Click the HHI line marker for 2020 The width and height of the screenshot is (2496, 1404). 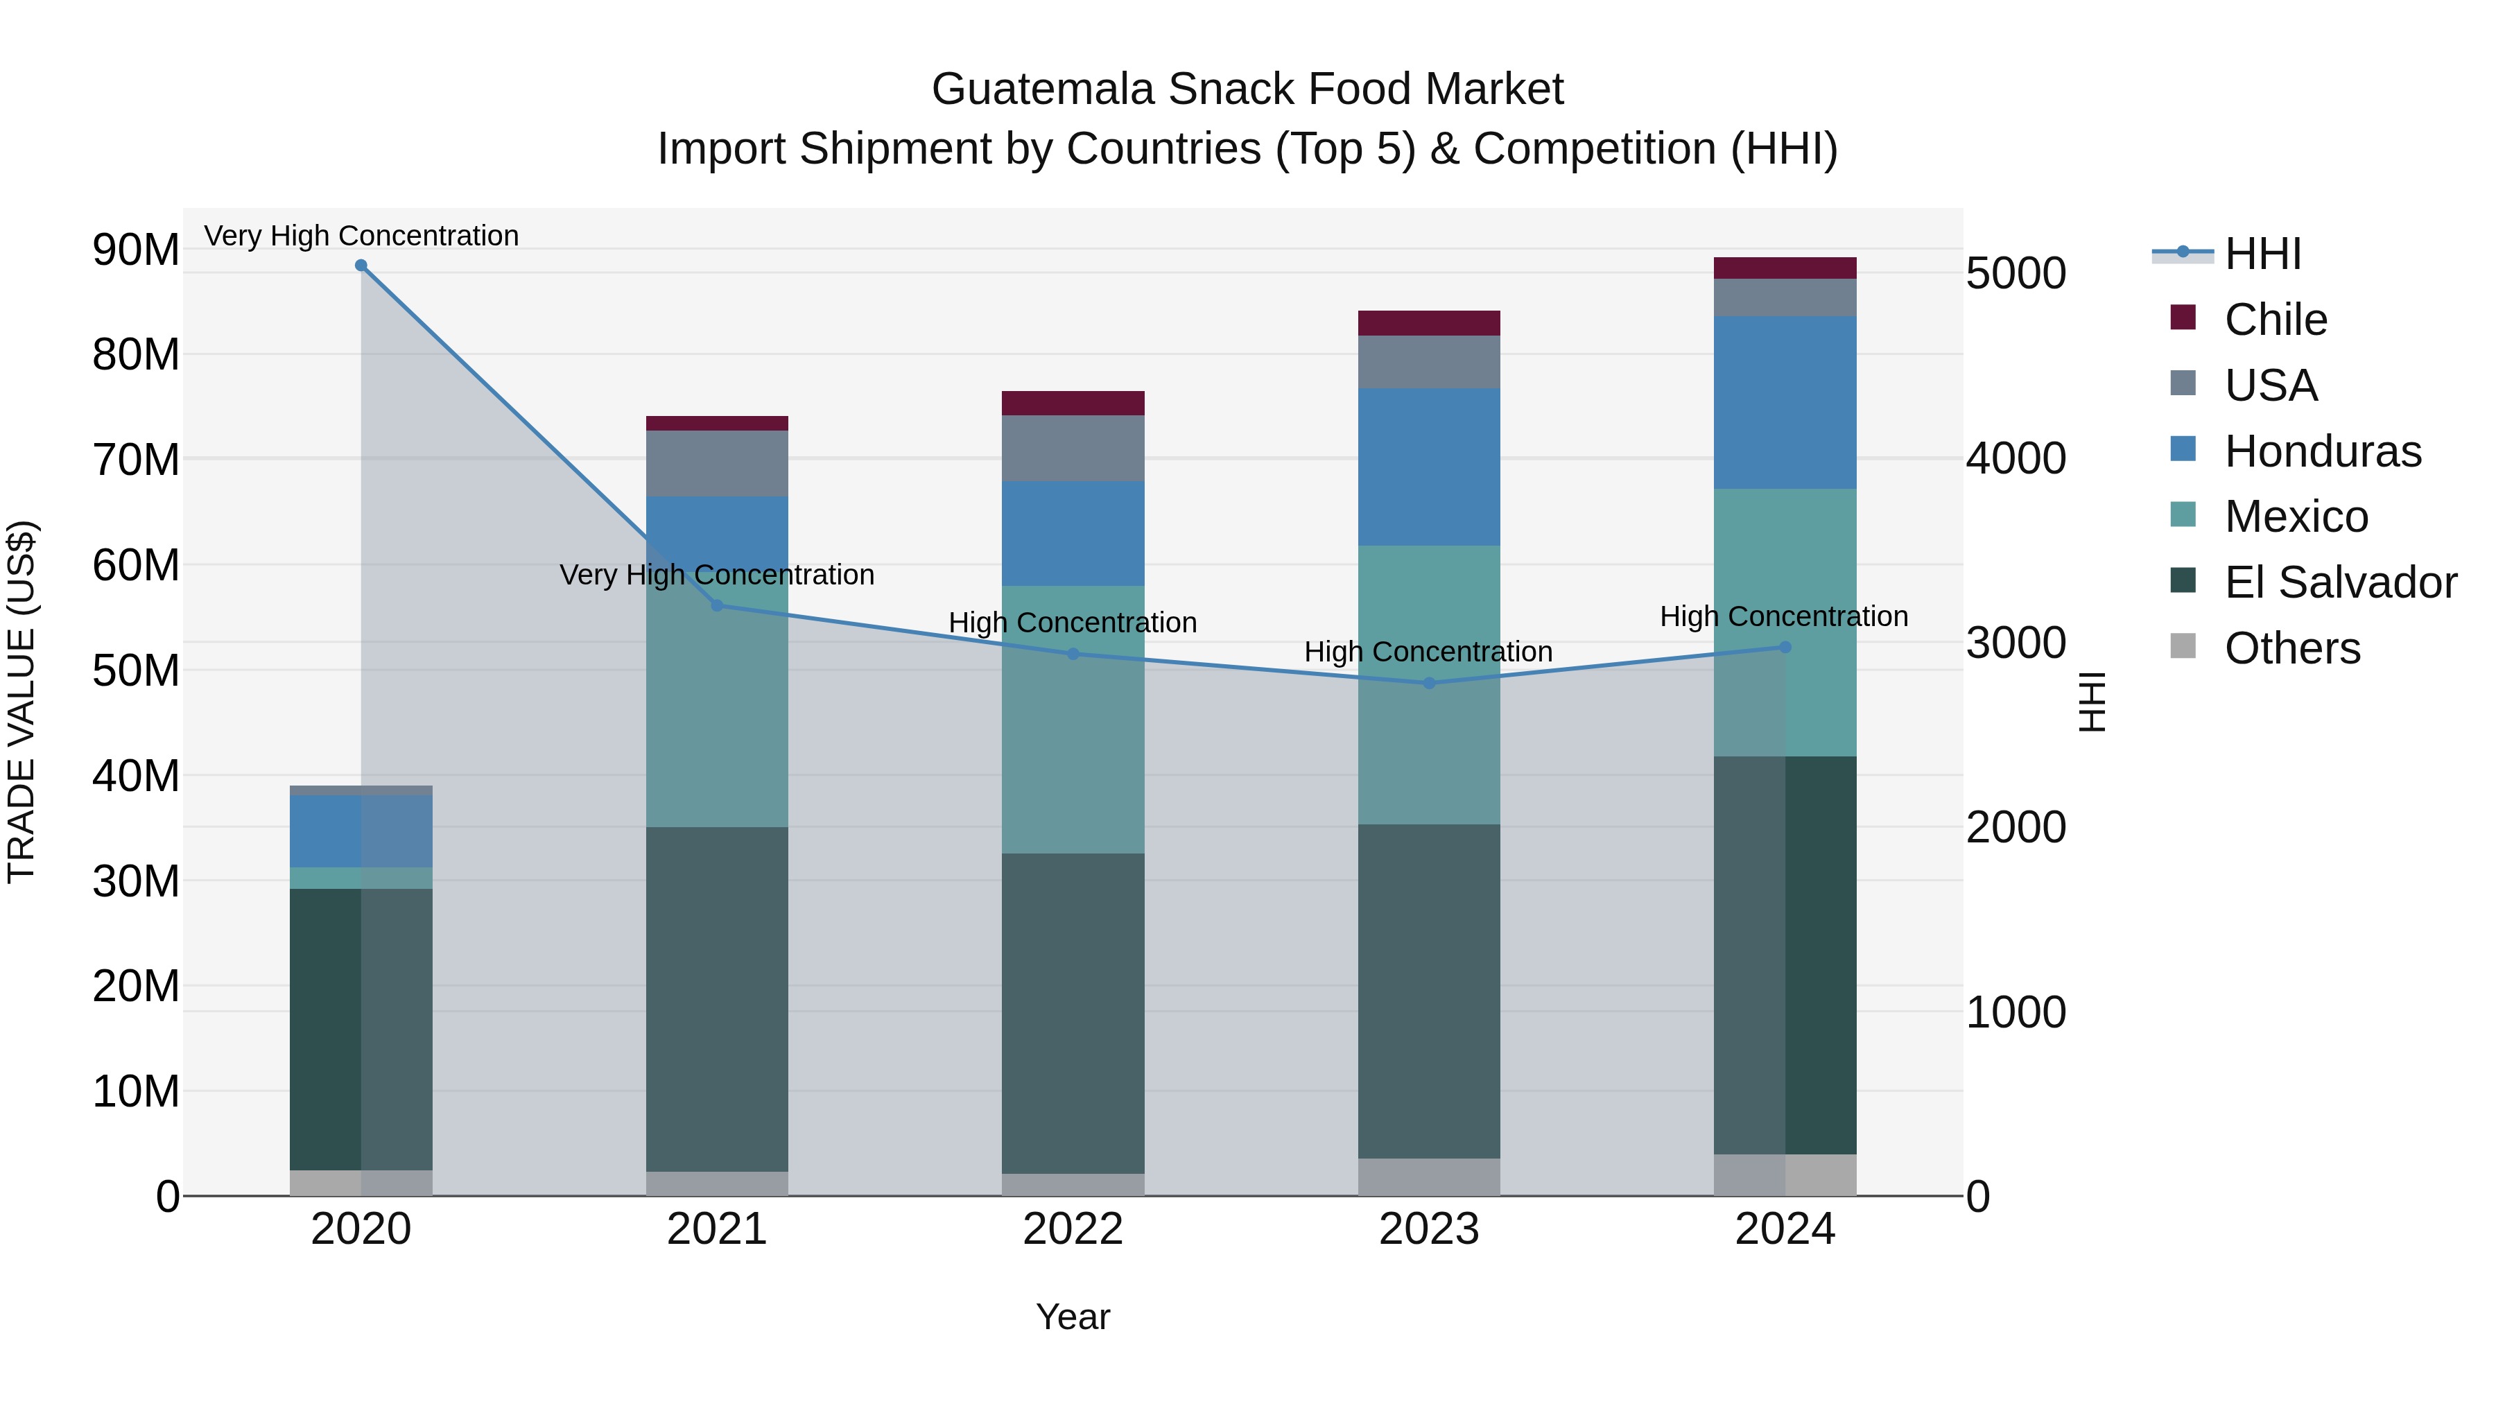point(361,266)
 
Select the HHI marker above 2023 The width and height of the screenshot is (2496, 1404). point(1429,683)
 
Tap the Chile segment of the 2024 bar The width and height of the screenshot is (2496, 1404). point(1785,268)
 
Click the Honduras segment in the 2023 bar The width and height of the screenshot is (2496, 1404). point(1429,467)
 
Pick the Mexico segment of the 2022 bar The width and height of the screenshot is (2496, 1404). point(1073,719)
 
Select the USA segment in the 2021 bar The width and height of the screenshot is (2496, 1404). point(717,463)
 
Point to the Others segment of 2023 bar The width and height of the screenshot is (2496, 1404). point(1429,1177)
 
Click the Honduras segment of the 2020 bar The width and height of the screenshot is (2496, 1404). point(361,831)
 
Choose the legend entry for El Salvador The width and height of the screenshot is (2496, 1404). point(2339,582)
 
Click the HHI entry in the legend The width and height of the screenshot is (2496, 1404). point(2262,254)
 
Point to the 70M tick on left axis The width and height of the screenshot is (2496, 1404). point(136,459)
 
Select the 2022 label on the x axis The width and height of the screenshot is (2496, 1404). point(1073,1229)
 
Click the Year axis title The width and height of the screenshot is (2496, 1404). point(1073,1317)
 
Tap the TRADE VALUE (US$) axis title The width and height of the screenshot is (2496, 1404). point(21,702)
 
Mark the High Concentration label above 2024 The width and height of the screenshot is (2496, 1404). point(1784,616)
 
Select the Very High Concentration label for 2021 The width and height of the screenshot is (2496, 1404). point(717,575)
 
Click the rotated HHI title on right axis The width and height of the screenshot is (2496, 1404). point(2093,702)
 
